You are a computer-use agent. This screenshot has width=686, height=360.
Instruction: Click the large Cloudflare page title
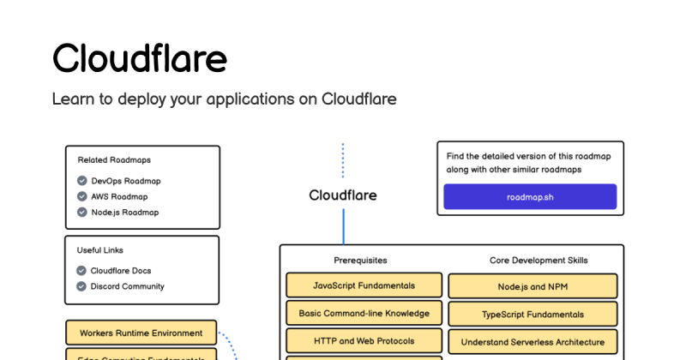(140, 59)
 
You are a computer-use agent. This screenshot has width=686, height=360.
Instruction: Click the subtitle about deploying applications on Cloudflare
(224, 99)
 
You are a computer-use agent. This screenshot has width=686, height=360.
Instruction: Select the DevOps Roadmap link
(125, 181)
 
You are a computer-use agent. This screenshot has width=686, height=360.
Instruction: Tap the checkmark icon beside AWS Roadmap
(81, 196)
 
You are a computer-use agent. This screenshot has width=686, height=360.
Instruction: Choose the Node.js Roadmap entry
(124, 212)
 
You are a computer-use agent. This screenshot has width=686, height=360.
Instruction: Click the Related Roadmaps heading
(114, 159)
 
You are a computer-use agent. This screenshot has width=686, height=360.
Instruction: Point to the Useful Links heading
(100, 250)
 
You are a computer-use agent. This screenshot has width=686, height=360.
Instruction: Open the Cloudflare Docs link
(121, 271)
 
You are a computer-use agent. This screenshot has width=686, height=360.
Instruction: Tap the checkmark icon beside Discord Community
(81, 286)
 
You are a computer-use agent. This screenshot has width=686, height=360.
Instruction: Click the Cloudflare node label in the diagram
(342, 195)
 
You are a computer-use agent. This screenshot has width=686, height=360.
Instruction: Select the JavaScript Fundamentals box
(364, 285)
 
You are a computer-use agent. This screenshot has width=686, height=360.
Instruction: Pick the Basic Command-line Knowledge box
(364, 313)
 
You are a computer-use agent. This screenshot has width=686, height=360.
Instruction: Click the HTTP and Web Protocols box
(364, 340)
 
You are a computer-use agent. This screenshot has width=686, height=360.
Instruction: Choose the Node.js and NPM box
(533, 286)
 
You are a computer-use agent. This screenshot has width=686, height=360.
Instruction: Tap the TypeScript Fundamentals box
(533, 314)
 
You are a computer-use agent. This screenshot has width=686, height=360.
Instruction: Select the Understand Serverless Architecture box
(533, 341)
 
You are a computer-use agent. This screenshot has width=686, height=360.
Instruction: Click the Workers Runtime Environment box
(141, 333)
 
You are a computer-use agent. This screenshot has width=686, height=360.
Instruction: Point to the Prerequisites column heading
(360, 260)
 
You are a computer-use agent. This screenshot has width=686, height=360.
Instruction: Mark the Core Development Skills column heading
(539, 260)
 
